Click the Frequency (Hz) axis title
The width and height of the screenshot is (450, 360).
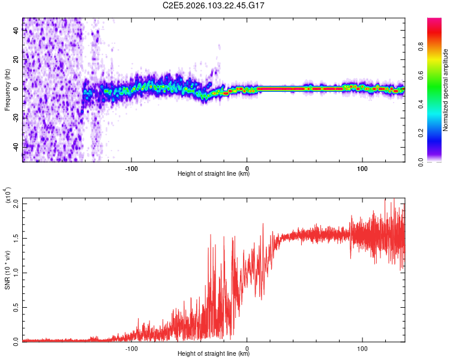point(7,90)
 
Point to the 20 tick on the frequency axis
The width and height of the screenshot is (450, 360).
point(16,60)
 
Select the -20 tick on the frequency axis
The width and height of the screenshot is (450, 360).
point(16,118)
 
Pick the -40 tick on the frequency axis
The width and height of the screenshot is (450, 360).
point(16,146)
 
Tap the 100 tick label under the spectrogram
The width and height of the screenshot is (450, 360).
point(362,167)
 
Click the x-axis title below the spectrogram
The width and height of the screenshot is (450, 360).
point(214,174)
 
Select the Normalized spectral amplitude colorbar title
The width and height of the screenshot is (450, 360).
point(446,90)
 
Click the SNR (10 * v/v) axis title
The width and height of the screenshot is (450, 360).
point(7,269)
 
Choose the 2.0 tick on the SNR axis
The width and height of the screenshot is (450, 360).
point(16,203)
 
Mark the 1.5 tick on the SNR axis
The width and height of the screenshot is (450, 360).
point(16,238)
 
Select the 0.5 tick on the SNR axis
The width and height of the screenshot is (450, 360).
point(16,307)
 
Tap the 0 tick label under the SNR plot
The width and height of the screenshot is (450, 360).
point(247,347)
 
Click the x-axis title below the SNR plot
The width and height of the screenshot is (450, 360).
point(214,354)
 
